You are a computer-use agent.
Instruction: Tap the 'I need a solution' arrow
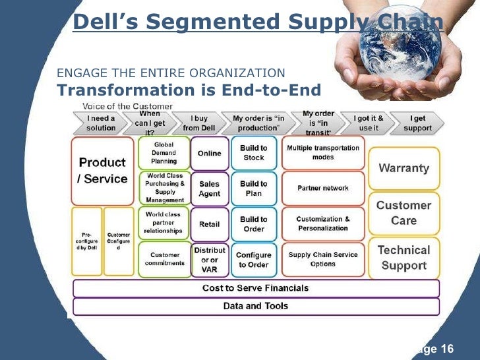pyautogui.click(x=101, y=123)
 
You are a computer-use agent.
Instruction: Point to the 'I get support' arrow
pyautogui.click(x=417, y=123)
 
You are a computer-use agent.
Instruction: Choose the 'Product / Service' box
pyautogui.click(x=102, y=170)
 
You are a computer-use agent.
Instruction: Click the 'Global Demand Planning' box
pyautogui.click(x=164, y=153)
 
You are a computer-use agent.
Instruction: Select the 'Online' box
pyautogui.click(x=210, y=153)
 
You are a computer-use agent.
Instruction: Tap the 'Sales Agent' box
pyautogui.click(x=210, y=189)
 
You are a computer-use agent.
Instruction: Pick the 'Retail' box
pyautogui.click(x=210, y=224)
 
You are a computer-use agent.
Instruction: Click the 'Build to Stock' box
pyautogui.click(x=254, y=153)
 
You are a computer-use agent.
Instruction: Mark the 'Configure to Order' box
pyautogui.click(x=254, y=260)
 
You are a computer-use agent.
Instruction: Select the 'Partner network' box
pyautogui.click(x=323, y=189)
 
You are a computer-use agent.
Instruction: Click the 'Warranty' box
pyautogui.click(x=404, y=167)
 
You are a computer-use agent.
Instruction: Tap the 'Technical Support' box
pyautogui.click(x=404, y=258)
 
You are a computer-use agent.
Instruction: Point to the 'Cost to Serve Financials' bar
pyautogui.click(x=255, y=288)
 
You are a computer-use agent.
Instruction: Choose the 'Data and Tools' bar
pyautogui.click(x=255, y=306)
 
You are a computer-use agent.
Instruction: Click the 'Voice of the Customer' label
pyautogui.click(x=127, y=106)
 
